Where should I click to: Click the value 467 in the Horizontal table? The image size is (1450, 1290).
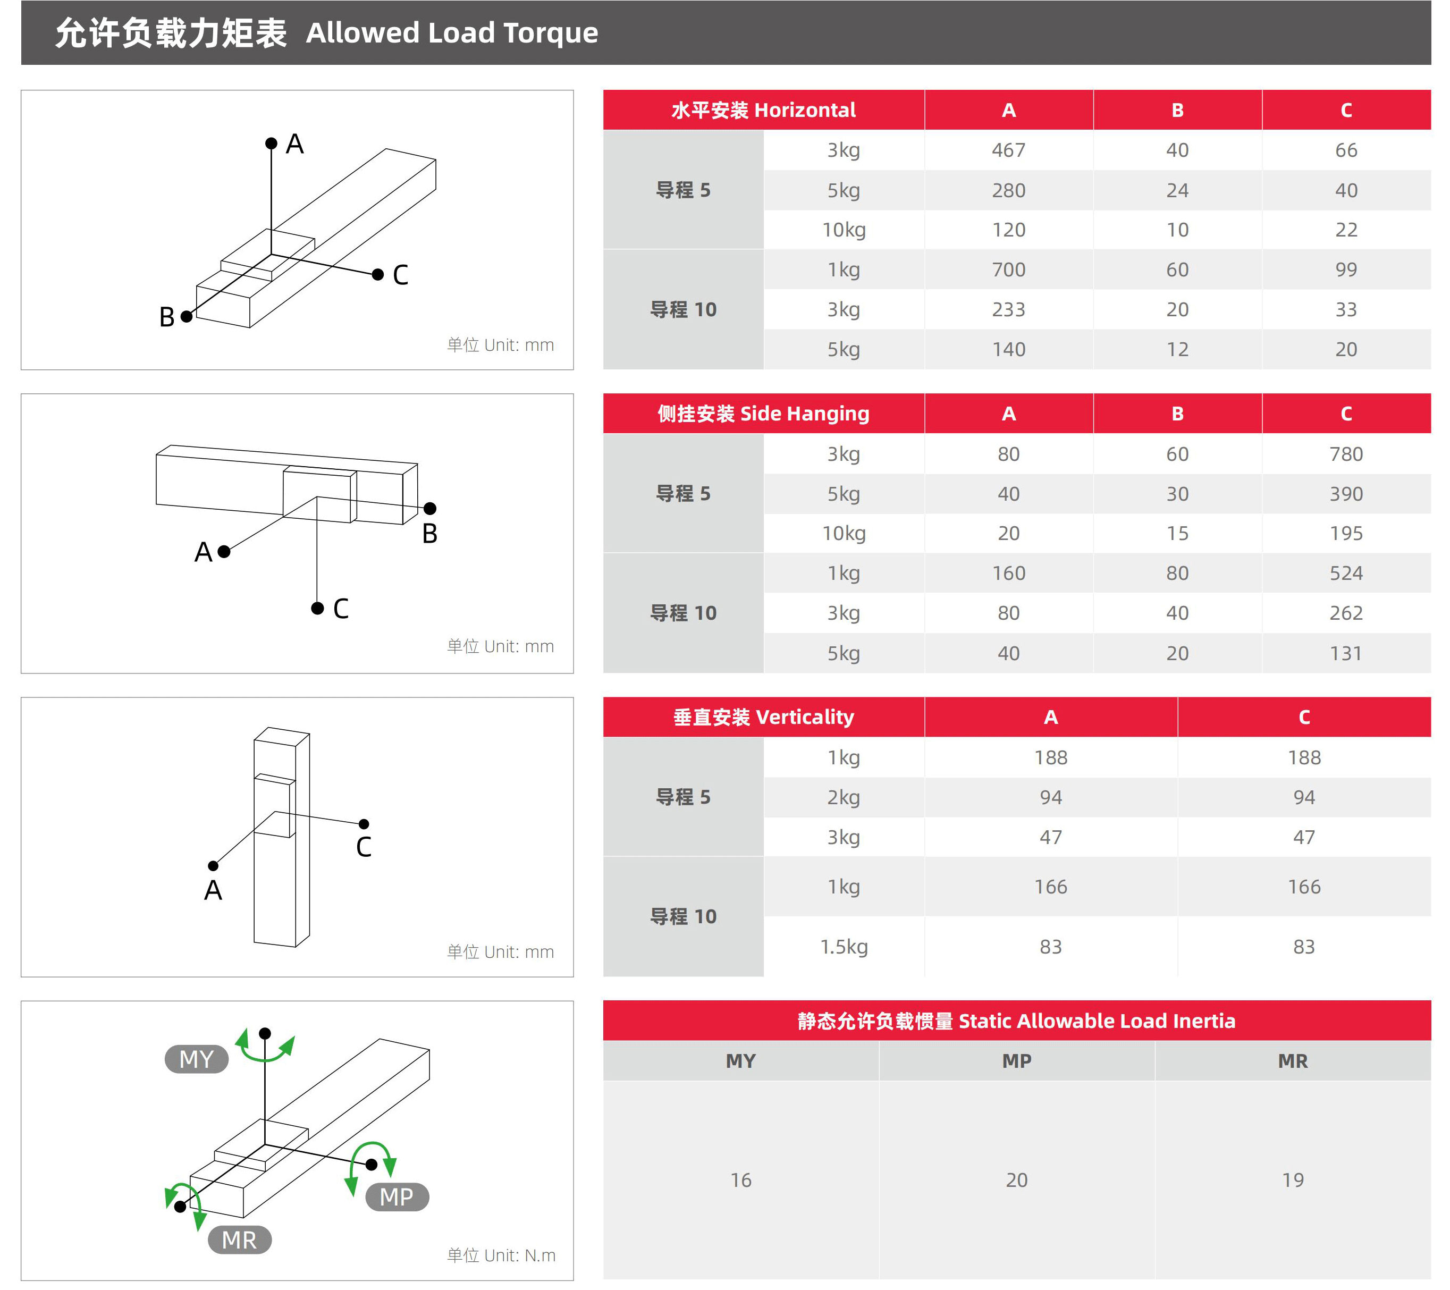[1008, 150]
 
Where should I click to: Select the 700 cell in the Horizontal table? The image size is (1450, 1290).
[1008, 269]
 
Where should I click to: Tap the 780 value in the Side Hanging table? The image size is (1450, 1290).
[1346, 454]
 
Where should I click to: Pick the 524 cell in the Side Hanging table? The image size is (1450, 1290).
[1346, 574]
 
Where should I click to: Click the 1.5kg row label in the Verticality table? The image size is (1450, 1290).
[844, 947]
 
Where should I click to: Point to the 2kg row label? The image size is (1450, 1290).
[844, 798]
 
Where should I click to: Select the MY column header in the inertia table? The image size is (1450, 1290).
[740, 1061]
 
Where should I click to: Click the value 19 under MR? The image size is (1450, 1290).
[1293, 1180]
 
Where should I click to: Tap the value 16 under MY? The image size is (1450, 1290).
[740, 1180]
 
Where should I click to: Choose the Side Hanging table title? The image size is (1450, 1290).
[763, 414]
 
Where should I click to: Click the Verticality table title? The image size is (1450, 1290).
[763, 718]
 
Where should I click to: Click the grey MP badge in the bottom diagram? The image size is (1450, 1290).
[397, 1197]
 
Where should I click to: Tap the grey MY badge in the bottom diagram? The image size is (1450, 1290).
[197, 1059]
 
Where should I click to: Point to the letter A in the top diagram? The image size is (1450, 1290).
[294, 144]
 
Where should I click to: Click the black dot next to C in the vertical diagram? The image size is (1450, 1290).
[364, 824]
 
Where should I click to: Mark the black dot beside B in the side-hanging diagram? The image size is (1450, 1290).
[430, 509]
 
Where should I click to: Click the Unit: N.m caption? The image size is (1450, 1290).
[501, 1255]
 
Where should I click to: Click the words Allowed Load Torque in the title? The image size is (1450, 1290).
[452, 32]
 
